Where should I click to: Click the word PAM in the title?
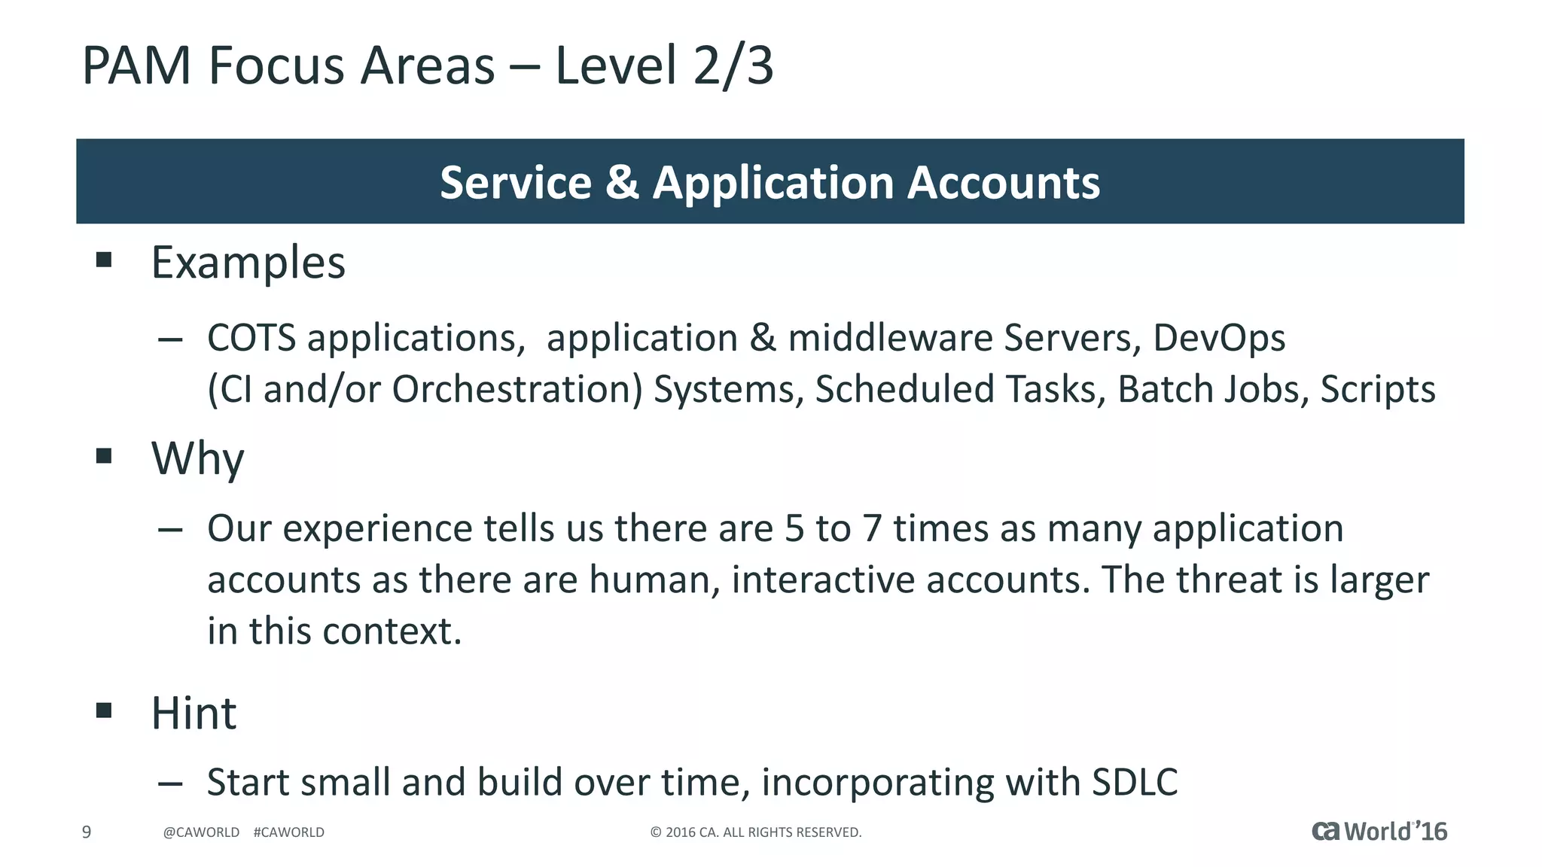tap(136, 66)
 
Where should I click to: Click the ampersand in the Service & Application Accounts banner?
tap(622, 183)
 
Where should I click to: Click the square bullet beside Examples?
tap(104, 260)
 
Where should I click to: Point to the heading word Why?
tap(197, 458)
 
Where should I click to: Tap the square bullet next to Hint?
tap(104, 710)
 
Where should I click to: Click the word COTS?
tap(251, 338)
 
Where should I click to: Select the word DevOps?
tap(1219, 338)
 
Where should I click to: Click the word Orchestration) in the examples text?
tap(517, 390)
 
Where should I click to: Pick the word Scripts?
tap(1378, 390)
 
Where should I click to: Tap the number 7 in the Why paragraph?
tap(872, 528)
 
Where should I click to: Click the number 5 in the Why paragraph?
tap(794, 528)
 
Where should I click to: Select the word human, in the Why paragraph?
tap(654, 580)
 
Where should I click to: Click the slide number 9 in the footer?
tap(87, 832)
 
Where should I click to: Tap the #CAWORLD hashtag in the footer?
tap(289, 832)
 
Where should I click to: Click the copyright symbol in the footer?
tap(655, 832)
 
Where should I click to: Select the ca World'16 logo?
tap(1379, 831)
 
